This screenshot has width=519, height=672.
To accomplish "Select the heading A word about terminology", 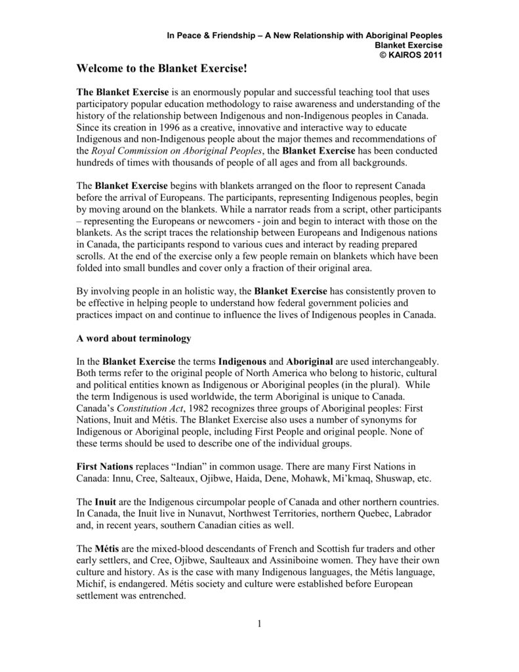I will point(134,339).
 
